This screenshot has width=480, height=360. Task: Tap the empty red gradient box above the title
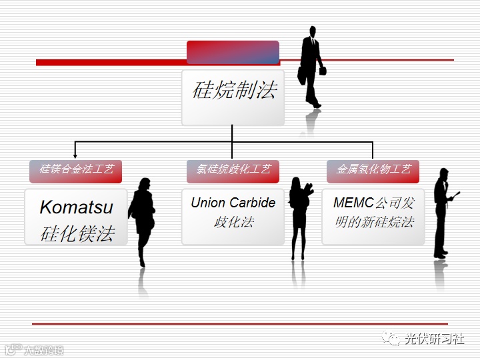233,52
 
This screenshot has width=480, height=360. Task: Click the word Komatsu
76,207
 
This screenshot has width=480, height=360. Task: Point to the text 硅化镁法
77,233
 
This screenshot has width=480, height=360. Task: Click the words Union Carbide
233,203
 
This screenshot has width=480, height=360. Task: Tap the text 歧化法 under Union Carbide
233,222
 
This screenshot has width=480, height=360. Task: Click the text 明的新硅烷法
374,222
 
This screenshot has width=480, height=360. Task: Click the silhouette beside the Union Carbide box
300,217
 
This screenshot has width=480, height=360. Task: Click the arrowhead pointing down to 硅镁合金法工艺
75,155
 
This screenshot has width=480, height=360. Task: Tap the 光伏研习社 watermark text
435,339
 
